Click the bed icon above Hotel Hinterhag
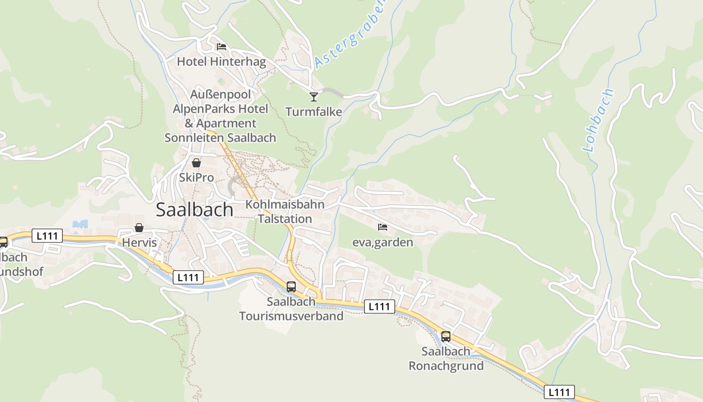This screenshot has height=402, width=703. click(221, 47)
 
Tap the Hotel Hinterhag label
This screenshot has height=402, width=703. click(221, 62)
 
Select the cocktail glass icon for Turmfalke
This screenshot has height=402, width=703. click(314, 96)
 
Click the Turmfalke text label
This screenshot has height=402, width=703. click(314, 112)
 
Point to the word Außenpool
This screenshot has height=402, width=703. click(220, 94)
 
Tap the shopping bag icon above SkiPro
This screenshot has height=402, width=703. click(196, 163)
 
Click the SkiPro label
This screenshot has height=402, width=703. click(196, 177)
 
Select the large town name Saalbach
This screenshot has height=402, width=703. click(194, 210)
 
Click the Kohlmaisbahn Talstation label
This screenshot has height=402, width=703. click(285, 212)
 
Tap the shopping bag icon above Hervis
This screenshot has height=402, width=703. click(139, 228)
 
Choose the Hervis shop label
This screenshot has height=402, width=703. click(140, 243)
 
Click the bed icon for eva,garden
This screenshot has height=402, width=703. click(383, 227)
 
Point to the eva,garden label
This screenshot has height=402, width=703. click(383, 242)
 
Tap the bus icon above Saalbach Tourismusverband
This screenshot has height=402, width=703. click(291, 287)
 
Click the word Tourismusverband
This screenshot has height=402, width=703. click(291, 316)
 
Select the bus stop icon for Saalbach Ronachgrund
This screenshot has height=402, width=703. click(446, 337)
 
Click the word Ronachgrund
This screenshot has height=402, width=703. click(446, 366)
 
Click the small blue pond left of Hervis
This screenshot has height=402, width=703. click(80, 225)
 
